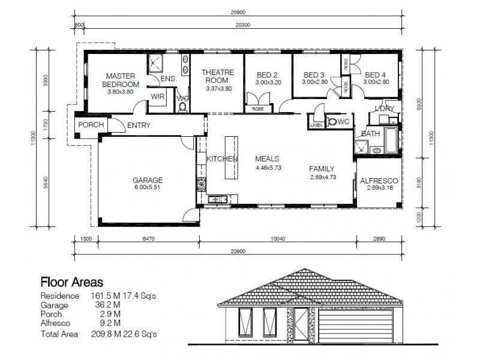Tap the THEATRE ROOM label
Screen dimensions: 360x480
pos(217,76)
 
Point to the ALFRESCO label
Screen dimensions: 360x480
pos(379,181)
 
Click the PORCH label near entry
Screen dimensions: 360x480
pos(91,125)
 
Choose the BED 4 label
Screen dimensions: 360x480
pos(376,75)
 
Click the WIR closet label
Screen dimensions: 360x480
pos(158,97)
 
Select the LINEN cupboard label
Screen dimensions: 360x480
pos(316,125)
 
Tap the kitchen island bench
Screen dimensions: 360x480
pos(230,157)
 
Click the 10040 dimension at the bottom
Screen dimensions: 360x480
pos(277,239)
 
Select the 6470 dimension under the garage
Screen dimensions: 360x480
pos(148,239)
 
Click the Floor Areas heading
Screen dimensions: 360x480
pos(71,281)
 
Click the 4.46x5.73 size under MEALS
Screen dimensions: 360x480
pos(267,168)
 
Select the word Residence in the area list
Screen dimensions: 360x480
pos(59,296)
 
